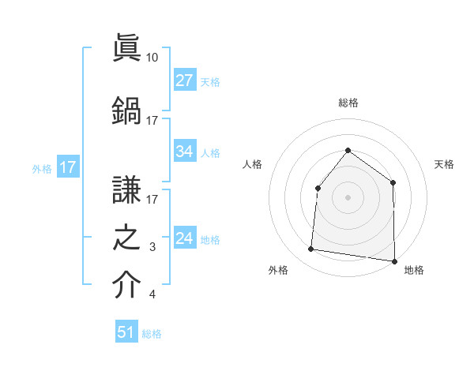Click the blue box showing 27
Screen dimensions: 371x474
click(185, 81)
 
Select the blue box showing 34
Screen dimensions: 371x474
click(185, 152)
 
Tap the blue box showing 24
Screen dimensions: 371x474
click(185, 239)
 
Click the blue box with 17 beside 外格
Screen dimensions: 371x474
click(67, 167)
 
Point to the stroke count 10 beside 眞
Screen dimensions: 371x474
click(152, 58)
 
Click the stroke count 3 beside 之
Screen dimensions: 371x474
click(152, 248)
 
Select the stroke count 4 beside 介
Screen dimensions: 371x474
click(152, 295)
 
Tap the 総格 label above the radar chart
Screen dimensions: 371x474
click(348, 103)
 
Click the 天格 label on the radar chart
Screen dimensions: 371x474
click(445, 164)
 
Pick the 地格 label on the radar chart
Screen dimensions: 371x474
click(414, 270)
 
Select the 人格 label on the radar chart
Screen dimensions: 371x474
click(252, 164)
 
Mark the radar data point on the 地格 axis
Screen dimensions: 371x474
click(394, 260)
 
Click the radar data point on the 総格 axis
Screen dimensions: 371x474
click(348, 150)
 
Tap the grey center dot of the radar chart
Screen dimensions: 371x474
click(348, 197)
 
